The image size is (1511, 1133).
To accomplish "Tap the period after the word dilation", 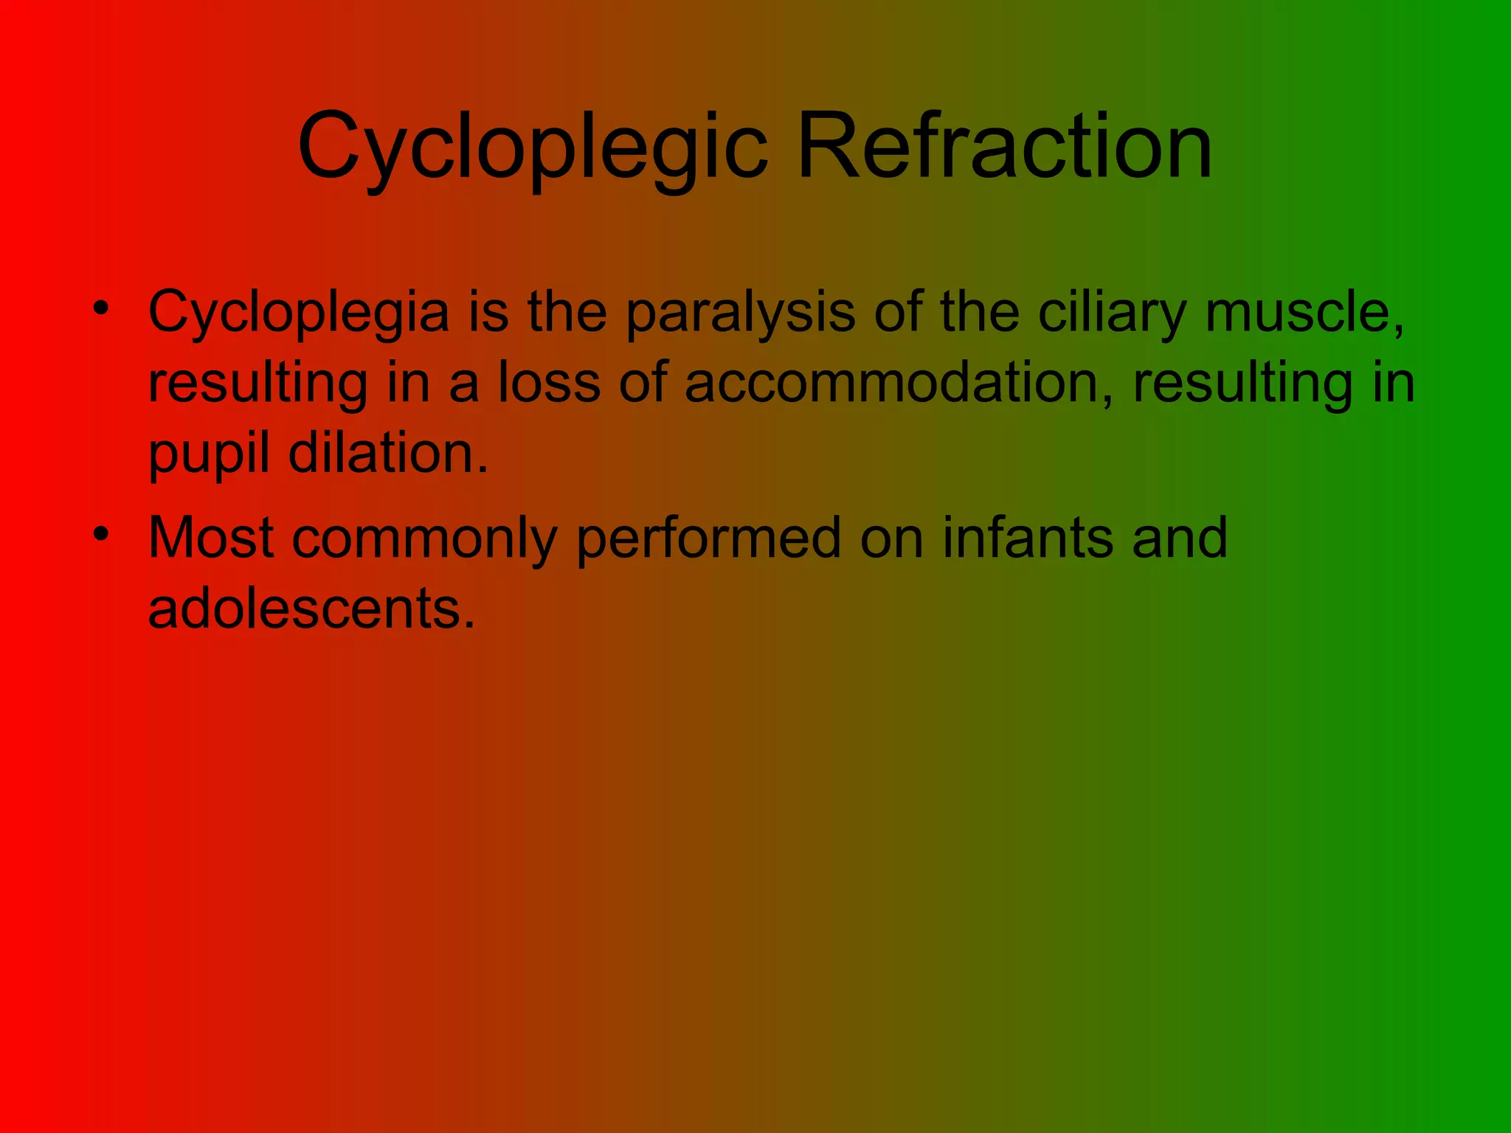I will pyautogui.click(x=483, y=470).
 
